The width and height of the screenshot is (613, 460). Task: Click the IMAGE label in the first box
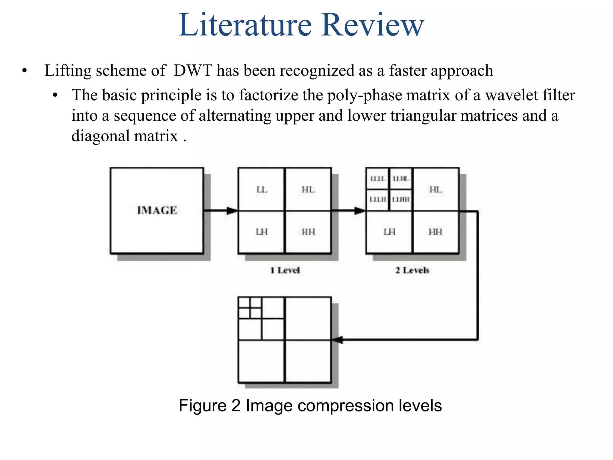pos(157,211)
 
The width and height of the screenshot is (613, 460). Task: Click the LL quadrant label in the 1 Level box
pos(262,190)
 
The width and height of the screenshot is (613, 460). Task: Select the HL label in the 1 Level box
pos(308,190)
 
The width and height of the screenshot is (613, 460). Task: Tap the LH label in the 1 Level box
pos(262,232)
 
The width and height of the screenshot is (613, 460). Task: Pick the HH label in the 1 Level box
pos(308,232)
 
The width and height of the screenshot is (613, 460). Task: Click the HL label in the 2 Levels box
pos(436,190)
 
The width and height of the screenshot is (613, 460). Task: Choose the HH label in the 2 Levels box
pos(435,232)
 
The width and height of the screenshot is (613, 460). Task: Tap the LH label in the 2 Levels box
pos(389,232)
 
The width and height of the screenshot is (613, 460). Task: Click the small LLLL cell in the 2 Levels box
pos(377,179)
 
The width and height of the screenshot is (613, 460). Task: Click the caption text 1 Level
pos(285,270)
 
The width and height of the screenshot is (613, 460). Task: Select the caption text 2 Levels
pos(412,270)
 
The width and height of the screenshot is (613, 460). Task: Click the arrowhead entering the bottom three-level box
pos(337,340)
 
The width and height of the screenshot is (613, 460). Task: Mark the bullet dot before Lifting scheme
pos(25,71)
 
